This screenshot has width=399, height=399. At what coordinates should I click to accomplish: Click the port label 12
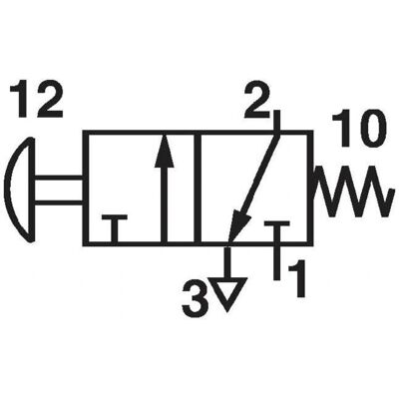[36, 100]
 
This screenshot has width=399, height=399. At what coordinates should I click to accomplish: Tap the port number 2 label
[256, 100]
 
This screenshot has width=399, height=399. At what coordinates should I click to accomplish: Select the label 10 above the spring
[355, 129]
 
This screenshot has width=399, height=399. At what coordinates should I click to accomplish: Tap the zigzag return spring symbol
[351, 192]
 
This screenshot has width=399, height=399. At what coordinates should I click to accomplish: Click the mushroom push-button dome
[21, 189]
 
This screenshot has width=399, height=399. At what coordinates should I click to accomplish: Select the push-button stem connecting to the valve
[59, 190]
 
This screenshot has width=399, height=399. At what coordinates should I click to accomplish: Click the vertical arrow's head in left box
[165, 151]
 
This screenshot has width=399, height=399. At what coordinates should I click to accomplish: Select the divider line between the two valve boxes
[198, 189]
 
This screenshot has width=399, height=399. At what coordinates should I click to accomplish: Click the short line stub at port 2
[276, 123]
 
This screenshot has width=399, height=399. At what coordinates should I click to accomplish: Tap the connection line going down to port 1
[276, 261]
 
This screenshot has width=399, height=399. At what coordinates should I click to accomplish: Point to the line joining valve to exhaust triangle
[227, 262]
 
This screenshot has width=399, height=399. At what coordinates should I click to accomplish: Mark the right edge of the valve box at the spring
[310, 189]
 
